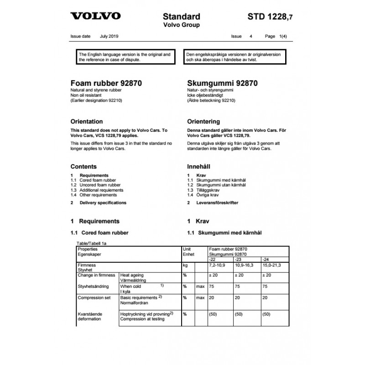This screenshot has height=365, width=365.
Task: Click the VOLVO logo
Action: (95, 16)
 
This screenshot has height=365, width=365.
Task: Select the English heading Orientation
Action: (87, 122)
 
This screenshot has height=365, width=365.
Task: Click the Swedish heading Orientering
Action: (203, 122)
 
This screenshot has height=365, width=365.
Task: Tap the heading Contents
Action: (83, 167)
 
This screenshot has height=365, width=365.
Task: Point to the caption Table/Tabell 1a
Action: (92, 244)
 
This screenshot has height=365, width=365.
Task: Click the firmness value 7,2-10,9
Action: (217, 265)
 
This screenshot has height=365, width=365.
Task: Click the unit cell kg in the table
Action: (185, 265)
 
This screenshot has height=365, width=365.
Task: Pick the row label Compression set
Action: (94, 297)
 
